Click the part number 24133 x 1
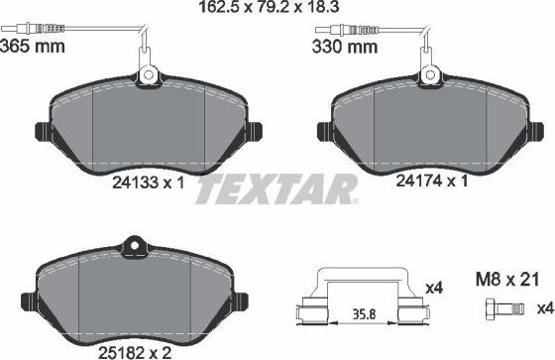coord(149,181)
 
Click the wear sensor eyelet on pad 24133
coord(148,74)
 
